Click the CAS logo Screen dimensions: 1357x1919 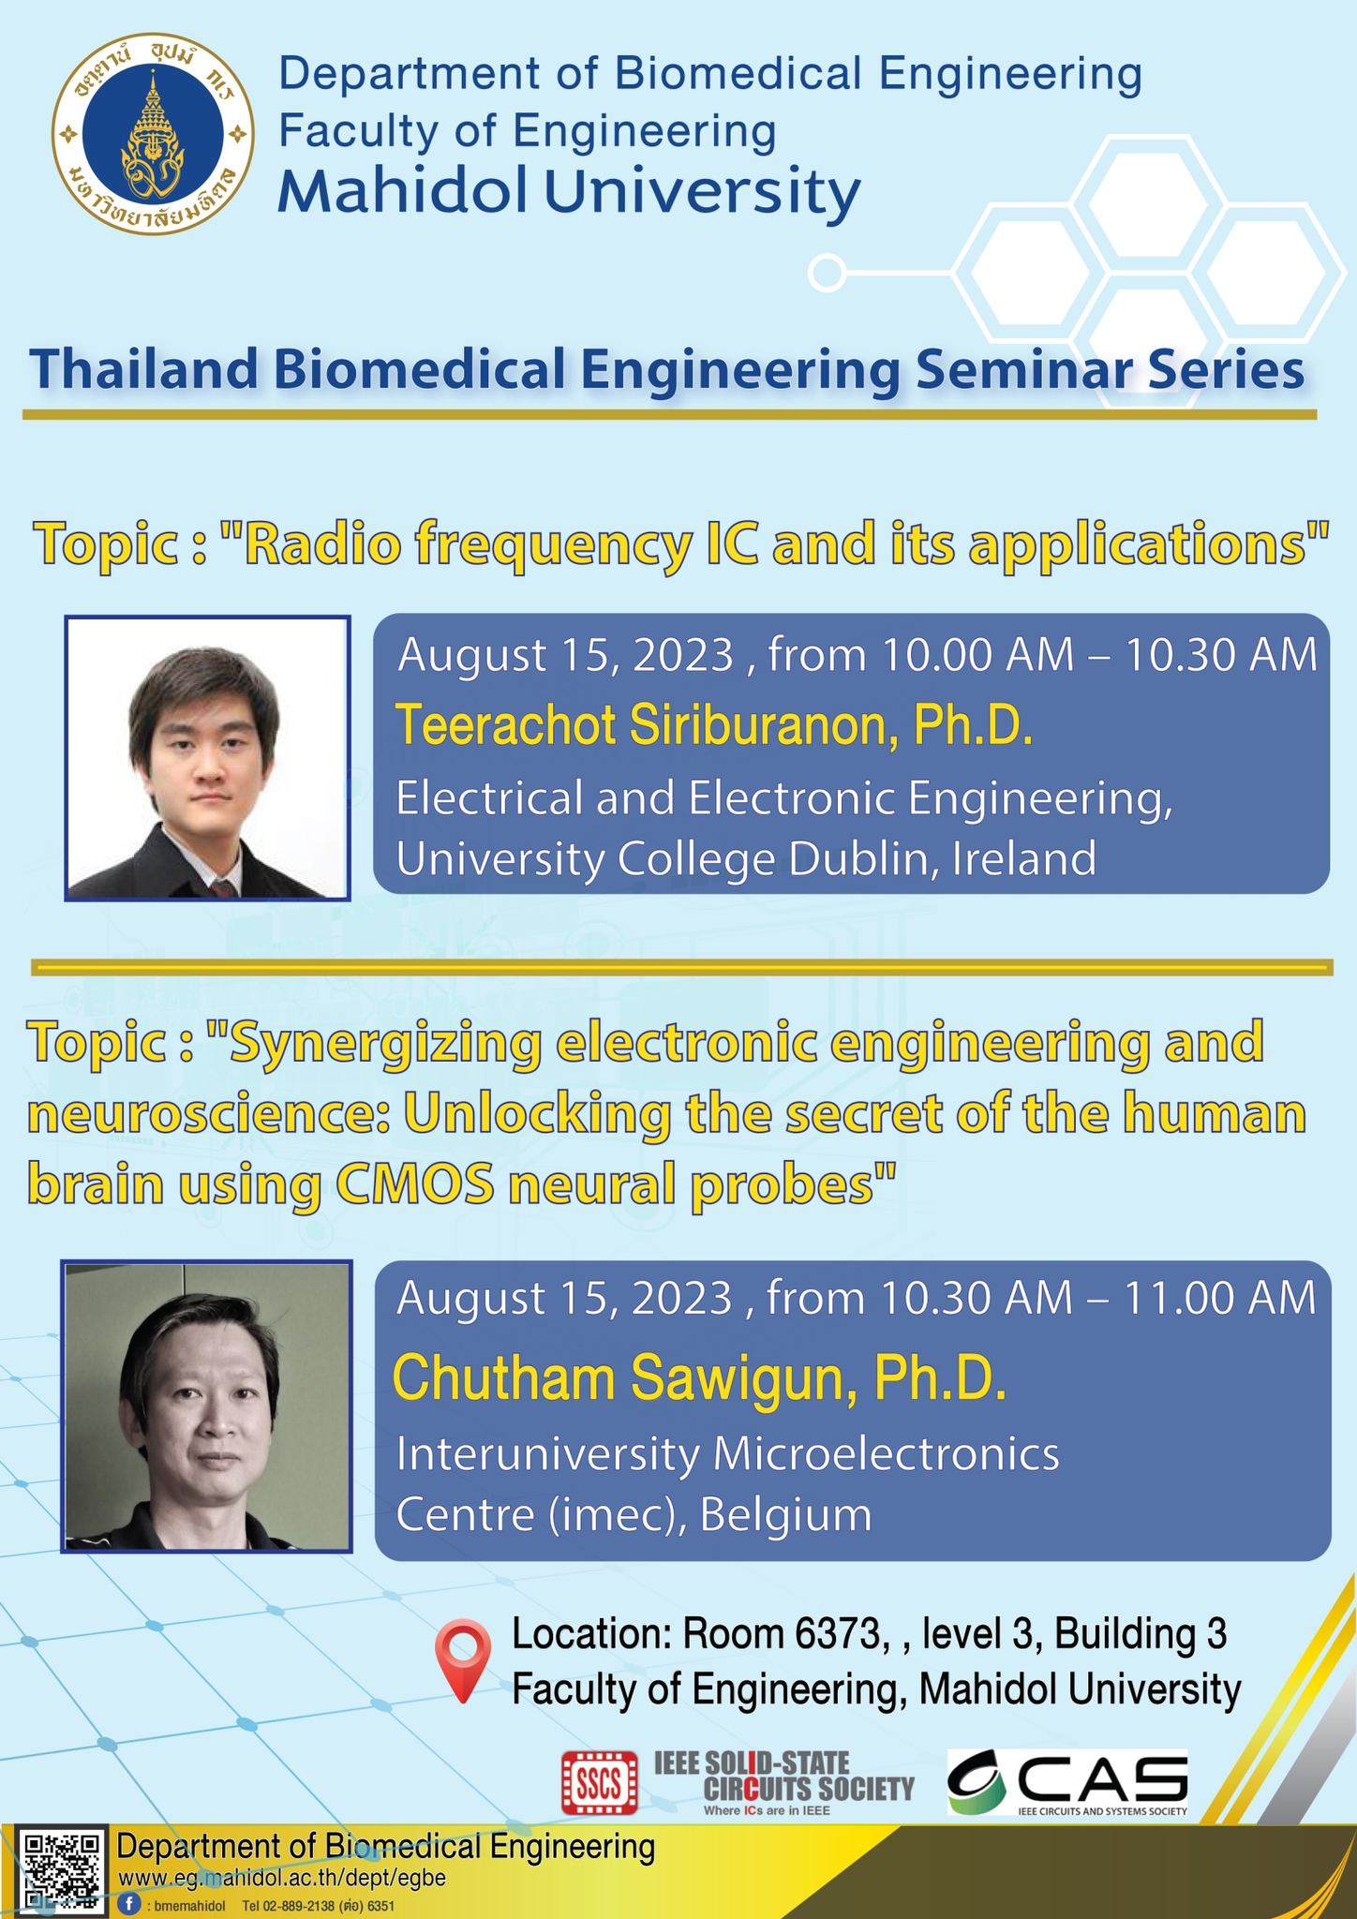pos(1067,1781)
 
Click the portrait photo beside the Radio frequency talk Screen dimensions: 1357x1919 pos(207,758)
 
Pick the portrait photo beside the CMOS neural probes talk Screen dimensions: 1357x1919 pos(207,1406)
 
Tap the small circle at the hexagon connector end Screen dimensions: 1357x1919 pos(827,273)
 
